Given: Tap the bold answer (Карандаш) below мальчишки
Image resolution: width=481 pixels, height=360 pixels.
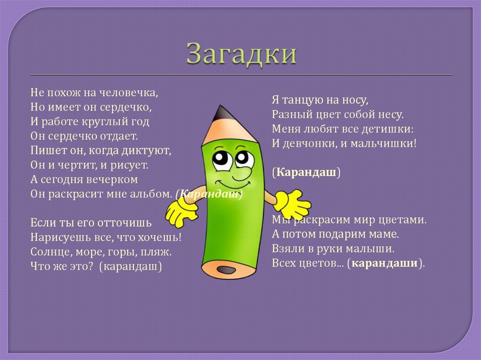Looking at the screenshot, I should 305,173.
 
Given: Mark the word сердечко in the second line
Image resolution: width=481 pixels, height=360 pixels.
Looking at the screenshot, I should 127,107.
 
